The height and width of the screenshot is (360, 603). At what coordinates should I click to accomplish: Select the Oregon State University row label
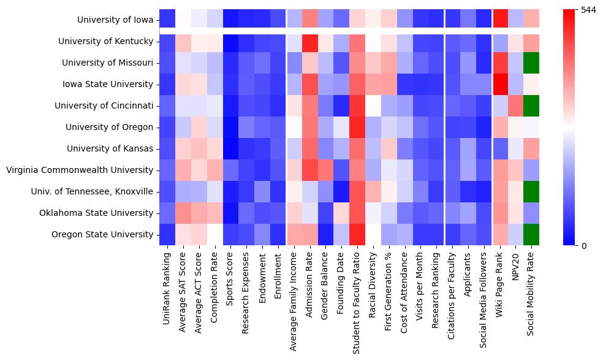pos(102,234)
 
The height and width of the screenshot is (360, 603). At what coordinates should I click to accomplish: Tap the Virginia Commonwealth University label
pos(80,170)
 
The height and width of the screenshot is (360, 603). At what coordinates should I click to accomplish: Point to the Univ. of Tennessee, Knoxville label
pos(92,191)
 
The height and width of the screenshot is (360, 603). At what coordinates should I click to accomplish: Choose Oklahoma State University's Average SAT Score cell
pos(183,213)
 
